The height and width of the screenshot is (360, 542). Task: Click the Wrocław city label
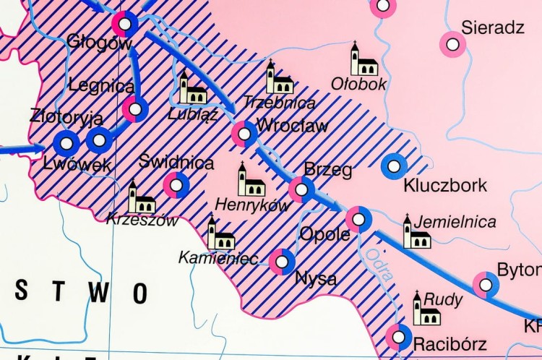[292, 126]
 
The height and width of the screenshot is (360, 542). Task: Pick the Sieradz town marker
[453, 44]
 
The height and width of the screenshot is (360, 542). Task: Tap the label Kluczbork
[445, 185]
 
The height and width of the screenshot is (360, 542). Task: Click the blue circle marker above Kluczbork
[394, 166]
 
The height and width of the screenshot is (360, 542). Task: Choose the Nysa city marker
[282, 261]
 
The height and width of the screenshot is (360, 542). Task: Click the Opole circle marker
[358, 219]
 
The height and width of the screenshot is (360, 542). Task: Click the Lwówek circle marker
[66, 144]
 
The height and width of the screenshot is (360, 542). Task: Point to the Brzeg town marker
[301, 189]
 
